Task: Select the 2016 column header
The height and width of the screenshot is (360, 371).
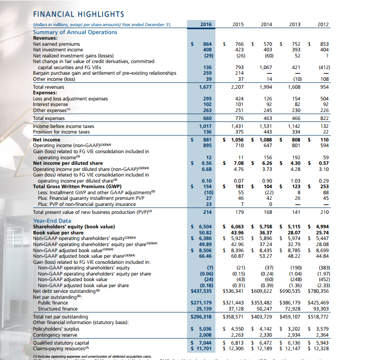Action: click(x=206, y=24)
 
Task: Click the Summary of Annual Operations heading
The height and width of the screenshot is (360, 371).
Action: click(x=75, y=32)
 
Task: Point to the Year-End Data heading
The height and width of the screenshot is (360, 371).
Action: click(x=52, y=221)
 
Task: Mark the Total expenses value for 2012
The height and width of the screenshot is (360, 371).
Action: click(x=323, y=119)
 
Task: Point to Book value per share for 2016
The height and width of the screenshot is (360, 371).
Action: click(x=205, y=232)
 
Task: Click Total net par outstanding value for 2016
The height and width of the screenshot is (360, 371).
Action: click(x=201, y=316)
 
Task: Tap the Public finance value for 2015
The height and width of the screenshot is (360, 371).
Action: click(x=234, y=303)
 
